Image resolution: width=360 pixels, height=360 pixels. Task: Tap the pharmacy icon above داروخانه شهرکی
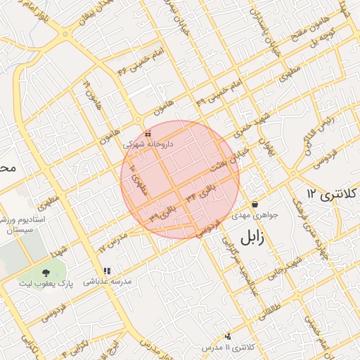(148, 134)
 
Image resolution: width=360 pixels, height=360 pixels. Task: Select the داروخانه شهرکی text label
(148, 143)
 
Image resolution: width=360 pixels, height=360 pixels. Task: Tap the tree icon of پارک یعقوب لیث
(46, 273)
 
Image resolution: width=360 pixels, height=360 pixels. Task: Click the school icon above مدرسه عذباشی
(107, 271)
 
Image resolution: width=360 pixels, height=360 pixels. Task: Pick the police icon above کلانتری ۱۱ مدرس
(227, 337)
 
